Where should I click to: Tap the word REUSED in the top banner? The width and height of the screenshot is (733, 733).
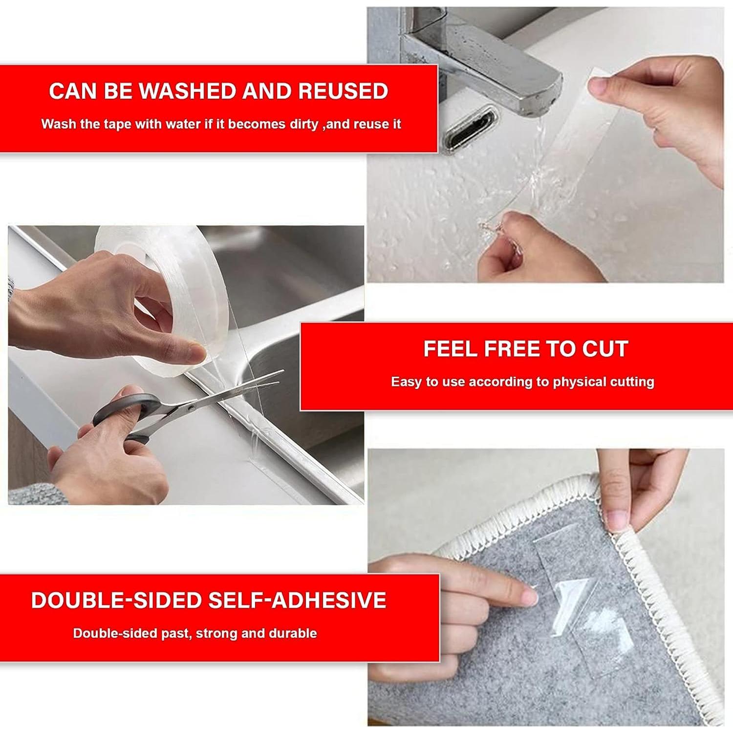343,91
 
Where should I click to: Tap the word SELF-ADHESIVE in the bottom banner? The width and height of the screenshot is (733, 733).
297,601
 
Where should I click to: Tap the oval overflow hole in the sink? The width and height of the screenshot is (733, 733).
469,129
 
